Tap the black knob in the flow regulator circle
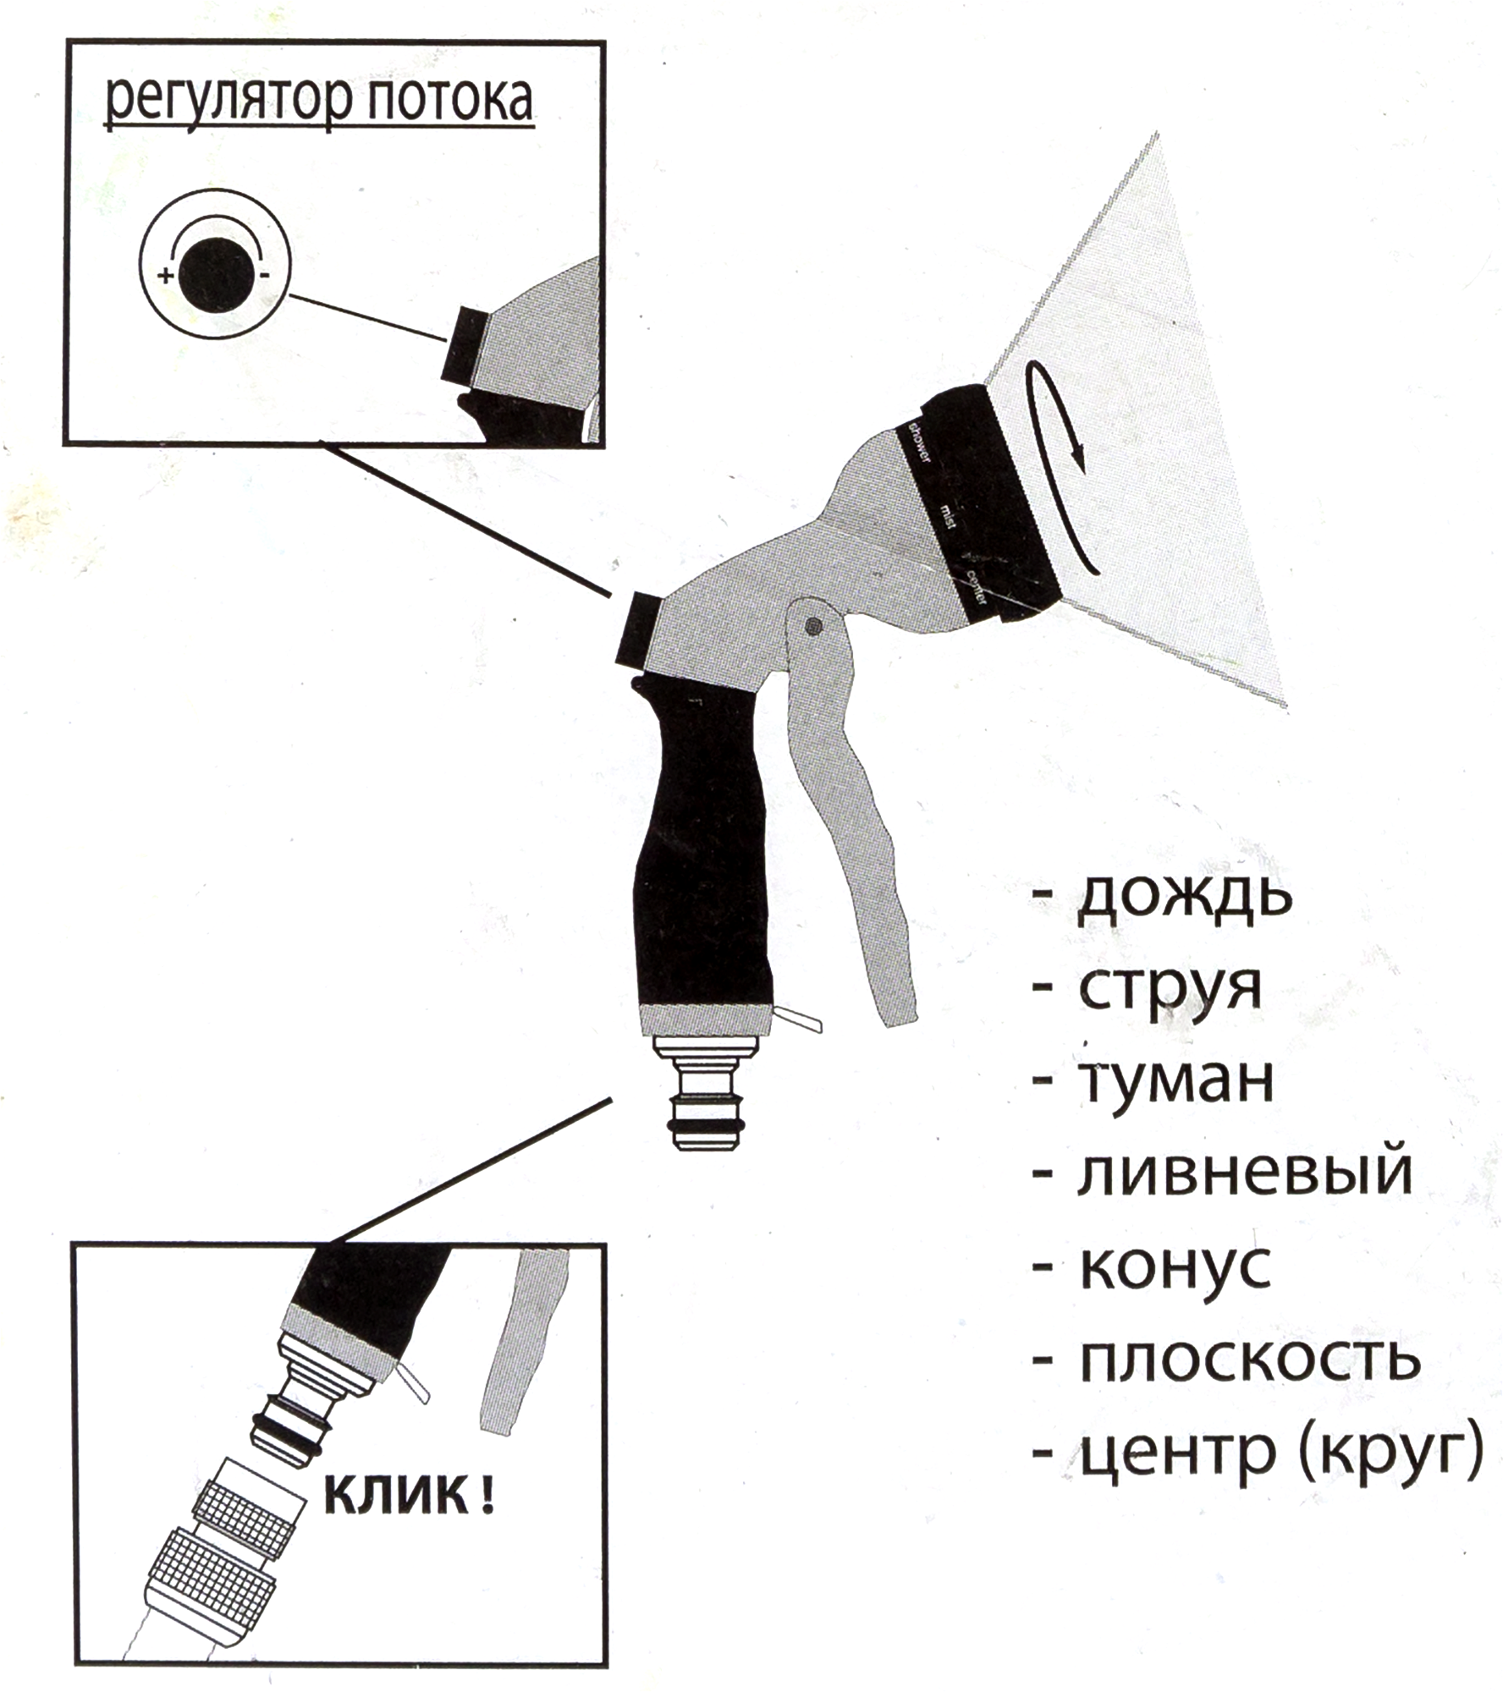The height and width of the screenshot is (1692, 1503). tap(215, 275)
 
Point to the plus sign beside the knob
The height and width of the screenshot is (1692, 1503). tap(166, 275)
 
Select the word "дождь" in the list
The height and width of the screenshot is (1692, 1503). tap(1185, 898)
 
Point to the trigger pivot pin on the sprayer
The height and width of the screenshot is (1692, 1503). tap(813, 627)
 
